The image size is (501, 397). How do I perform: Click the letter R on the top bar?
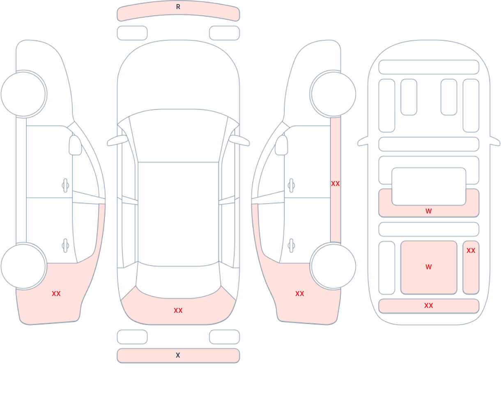(x=178, y=7)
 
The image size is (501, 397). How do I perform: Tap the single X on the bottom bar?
(x=178, y=356)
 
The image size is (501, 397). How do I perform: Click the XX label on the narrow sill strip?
(x=335, y=184)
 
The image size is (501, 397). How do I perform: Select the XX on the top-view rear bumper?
(x=178, y=311)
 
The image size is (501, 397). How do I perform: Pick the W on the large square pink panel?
(x=428, y=267)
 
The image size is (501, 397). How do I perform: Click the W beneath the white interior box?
(x=428, y=211)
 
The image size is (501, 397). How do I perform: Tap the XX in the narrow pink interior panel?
(x=471, y=250)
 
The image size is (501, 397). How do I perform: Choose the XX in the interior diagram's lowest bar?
(x=428, y=306)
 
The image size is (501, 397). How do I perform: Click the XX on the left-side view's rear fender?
(x=56, y=294)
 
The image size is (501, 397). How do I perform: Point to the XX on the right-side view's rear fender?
(x=299, y=294)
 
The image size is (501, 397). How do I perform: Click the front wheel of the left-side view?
(x=23, y=94)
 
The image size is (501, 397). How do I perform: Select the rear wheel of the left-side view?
(x=23, y=266)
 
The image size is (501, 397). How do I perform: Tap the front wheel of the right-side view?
(x=333, y=94)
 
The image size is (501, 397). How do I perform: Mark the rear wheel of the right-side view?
(x=333, y=266)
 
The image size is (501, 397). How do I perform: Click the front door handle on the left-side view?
(x=65, y=186)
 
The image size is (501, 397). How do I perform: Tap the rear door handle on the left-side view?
(x=65, y=246)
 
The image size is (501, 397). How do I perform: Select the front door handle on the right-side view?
(x=291, y=186)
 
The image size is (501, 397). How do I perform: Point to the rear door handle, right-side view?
(x=291, y=246)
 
